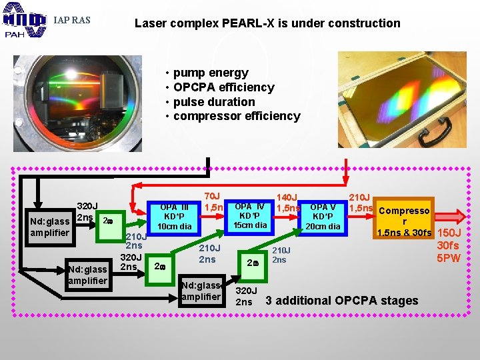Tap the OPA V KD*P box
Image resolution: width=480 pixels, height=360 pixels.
coord(323,217)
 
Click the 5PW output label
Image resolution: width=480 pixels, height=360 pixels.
coord(448,258)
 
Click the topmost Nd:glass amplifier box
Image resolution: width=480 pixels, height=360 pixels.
coord(49,227)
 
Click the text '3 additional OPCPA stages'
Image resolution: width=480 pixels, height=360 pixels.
coord(342,300)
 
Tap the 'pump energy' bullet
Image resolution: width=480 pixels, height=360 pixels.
coord(210,73)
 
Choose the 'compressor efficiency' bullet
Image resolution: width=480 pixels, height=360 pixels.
coord(236,116)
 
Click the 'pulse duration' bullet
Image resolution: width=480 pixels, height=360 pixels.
coord(213,101)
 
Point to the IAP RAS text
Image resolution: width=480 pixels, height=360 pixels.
coord(71,20)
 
